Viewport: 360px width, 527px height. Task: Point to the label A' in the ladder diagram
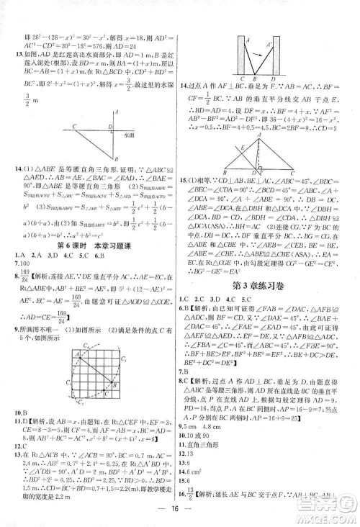point(269,44)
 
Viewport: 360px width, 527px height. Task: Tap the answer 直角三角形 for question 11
point(210,456)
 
